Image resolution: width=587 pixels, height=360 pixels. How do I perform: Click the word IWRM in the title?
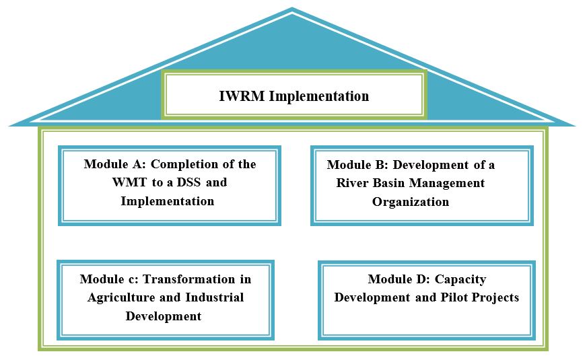pyautogui.click(x=242, y=96)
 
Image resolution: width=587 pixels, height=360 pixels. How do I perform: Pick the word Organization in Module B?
pyautogui.click(x=411, y=202)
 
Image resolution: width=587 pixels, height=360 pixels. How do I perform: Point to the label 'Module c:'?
pyautogui.click(x=108, y=279)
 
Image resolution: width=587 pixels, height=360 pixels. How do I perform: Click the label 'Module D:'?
pyautogui.click(x=397, y=279)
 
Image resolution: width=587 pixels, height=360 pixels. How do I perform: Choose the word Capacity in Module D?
pyautogui.click(x=460, y=279)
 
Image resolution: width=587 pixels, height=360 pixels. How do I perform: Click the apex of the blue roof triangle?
pyautogui.click(x=292, y=9)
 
